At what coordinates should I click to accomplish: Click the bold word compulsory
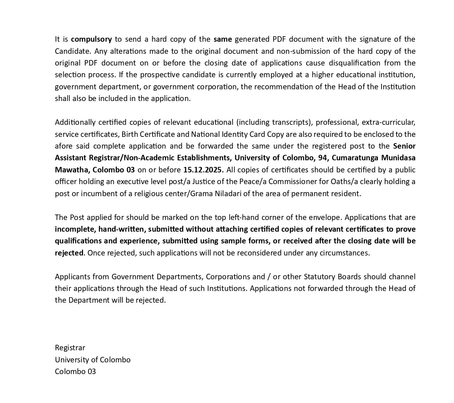(x=91, y=39)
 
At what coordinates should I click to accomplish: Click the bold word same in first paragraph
(x=222, y=39)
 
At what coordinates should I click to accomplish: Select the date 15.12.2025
(x=203, y=170)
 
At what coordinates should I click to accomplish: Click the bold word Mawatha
(x=72, y=170)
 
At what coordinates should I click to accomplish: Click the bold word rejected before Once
(x=69, y=253)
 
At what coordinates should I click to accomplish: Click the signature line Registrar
(x=70, y=348)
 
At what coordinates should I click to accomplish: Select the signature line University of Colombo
(x=93, y=360)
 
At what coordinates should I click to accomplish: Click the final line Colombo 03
(x=75, y=372)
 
